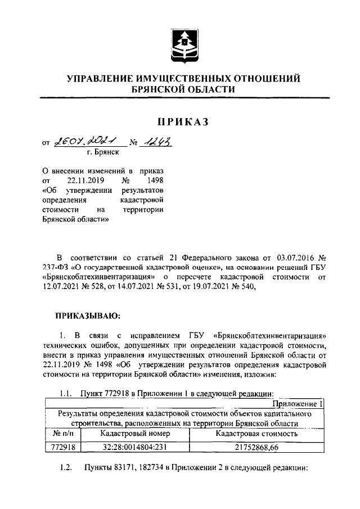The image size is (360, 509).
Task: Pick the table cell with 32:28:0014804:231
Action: pyautogui.click(x=134, y=448)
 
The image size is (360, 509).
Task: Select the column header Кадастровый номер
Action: pyautogui.click(x=134, y=435)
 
